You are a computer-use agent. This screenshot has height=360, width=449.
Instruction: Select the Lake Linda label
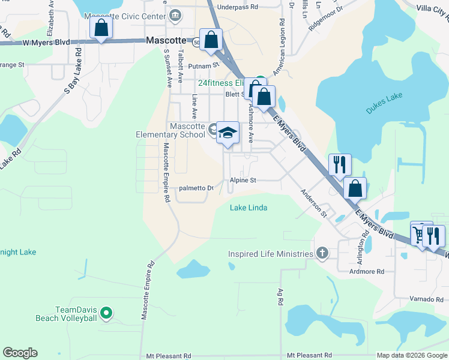click(x=249, y=208)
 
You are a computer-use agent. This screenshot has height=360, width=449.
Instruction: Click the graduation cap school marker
click(x=228, y=134)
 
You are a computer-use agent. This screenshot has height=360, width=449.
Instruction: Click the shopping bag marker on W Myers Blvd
click(x=101, y=28)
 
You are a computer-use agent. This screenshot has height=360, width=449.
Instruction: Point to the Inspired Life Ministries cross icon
click(x=322, y=253)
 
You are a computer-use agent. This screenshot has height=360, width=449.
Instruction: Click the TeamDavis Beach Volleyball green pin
click(x=106, y=312)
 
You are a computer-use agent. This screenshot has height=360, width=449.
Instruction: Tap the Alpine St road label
click(x=243, y=180)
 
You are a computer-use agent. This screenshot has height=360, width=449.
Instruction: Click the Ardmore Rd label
click(x=366, y=271)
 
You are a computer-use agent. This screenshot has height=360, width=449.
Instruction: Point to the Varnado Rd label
click(x=420, y=299)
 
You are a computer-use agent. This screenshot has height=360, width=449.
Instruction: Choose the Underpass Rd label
click(x=238, y=7)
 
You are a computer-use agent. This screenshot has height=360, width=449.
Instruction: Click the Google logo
click(x=20, y=353)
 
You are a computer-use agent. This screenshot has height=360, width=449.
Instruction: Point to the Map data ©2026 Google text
click(x=412, y=355)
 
